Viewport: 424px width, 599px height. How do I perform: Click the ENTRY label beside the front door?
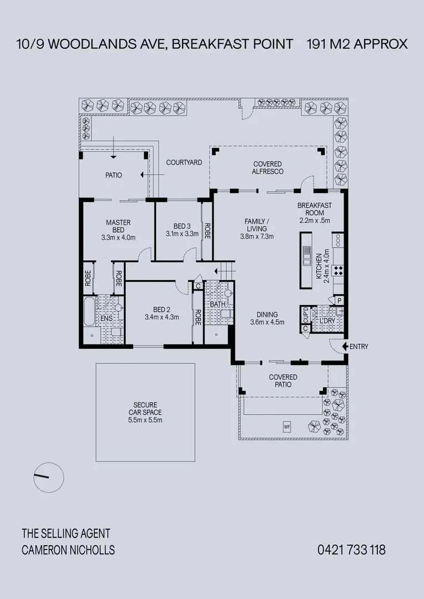pyautogui.click(x=359, y=347)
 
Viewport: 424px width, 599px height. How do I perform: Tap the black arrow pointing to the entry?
pyautogui.click(x=345, y=347)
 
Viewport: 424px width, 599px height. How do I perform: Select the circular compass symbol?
pyautogui.click(x=49, y=476)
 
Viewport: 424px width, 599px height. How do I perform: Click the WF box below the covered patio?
pyautogui.click(x=287, y=427)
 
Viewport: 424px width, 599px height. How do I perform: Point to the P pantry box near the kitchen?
pyautogui.click(x=339, y=300)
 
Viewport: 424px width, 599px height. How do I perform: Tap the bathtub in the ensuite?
pyautogui.click(x=89, y=312)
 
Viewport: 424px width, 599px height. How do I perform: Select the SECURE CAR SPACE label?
pyautogui.click(x=145, y=408)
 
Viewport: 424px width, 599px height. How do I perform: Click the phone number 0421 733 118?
pyautogui.click(x=351, y=550)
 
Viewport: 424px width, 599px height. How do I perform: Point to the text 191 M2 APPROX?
pyautogui.click(x=357, y=44)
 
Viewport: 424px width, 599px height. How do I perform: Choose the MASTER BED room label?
pyautogui.click(x=118, y=226)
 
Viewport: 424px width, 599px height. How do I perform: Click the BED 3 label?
pyautogui.click(x=182, y=226)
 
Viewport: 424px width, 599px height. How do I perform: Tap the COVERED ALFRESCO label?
pyautogui.click(x=267, y=167)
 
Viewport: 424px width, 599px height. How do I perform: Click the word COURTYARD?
pyautogui.click(x=184, y=163)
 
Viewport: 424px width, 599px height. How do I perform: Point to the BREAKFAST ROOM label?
pyautogui.click(x=315, y=209)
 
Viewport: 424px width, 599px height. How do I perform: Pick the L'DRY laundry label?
pyautogui.click(x=325, y=321)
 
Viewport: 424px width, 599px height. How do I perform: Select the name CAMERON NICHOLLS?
pyautogui.click(x=68, y=550)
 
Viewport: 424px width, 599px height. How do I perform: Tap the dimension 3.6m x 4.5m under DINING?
pyautogui.click(x=267, y=322)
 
